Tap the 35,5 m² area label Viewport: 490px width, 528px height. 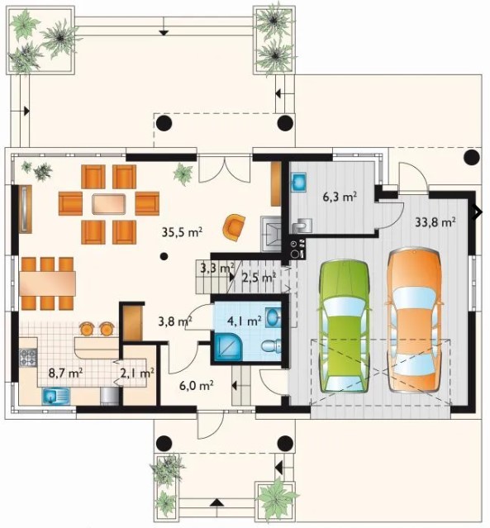[x=182, y=232]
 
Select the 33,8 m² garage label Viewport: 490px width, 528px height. [x=435, y=222]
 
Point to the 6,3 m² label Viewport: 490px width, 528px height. [x=340, y=197]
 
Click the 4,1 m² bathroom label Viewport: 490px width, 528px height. [x=245, y=321]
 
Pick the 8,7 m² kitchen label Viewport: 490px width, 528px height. [x=66, y=373]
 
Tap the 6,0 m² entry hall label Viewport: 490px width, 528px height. [x=197, y=386]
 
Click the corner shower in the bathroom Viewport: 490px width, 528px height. [x=228, y=346]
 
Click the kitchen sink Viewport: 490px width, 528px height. [x=55, y=396]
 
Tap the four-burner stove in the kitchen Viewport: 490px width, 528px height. [x=28, y=358]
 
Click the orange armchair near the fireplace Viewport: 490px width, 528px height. [x=234, y=227]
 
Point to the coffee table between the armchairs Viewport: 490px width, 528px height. [x=109, y=204]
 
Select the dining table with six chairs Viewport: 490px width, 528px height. [x=47, y=283]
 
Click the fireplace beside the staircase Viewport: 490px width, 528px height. [x=271, y=234]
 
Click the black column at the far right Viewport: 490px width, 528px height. [x=472, y=157]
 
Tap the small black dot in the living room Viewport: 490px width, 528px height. [x=164, y=257]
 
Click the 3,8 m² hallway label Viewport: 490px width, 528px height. [x=175, y=321]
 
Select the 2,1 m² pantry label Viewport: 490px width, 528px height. [x=137, y=373]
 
